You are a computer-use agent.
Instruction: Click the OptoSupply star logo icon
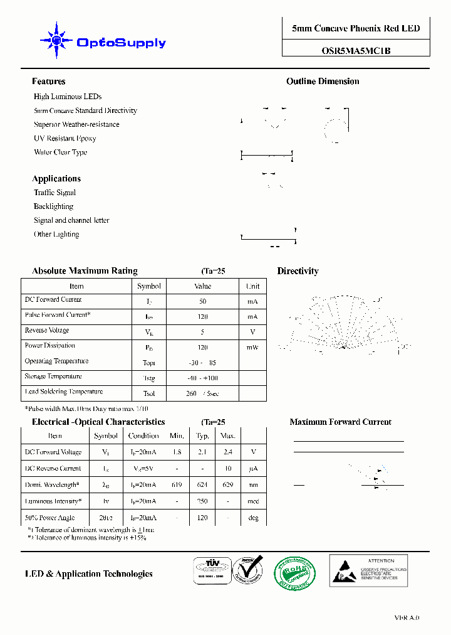[56, 41]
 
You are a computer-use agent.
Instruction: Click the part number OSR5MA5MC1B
[355, 51]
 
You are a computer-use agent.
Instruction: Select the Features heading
[49, 82]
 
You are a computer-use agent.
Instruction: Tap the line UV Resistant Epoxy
[65, 139]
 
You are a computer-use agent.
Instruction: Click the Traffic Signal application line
[54, 193]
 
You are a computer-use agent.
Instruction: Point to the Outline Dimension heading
[323, 82]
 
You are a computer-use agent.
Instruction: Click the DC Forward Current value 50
[202, 301]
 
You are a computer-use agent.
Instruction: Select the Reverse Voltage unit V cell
[252, 332]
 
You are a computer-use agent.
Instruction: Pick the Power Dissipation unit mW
[252, 347]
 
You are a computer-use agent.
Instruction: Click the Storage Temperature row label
[53, 376]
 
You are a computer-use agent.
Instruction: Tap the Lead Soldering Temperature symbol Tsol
[148, 394]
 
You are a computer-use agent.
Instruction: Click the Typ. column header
[202, 435]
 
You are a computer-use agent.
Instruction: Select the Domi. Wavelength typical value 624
[202, 485]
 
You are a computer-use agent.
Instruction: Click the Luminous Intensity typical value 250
[202, 501]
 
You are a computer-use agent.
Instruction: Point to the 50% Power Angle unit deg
[253, 518]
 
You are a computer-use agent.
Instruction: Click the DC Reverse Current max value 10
[228, 469]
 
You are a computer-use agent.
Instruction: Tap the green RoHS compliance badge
[295, 573]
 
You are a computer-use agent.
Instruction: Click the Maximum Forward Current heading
[340, 422]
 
